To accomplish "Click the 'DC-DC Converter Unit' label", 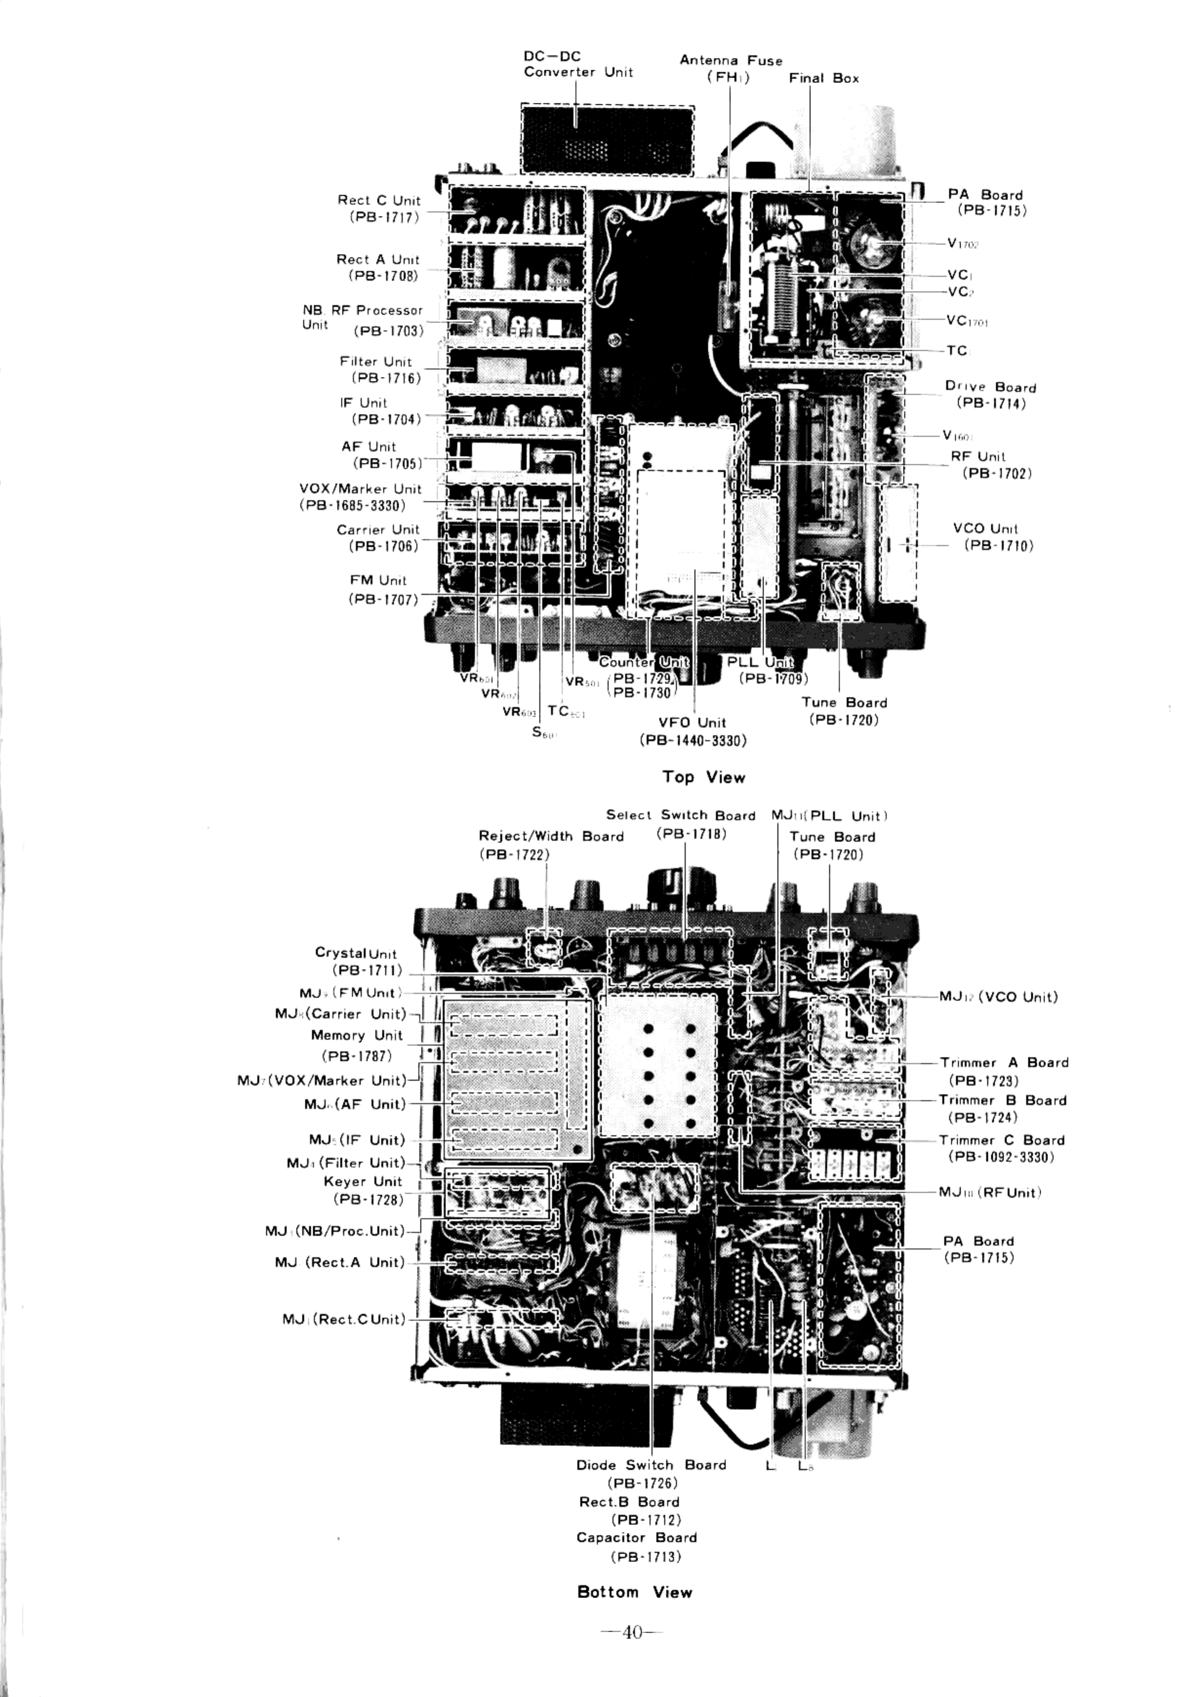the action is [577, 64].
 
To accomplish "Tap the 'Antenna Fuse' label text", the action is [731, 60].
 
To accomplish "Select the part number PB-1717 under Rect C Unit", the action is [384, 217].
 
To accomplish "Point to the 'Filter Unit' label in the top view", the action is [375, 361].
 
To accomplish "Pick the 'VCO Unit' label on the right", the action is [985, 529].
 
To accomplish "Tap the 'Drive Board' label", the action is [990, 387].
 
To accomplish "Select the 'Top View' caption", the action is [703, 777].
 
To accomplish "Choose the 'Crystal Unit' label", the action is [355, 953].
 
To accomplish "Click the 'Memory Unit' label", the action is [356, 1035].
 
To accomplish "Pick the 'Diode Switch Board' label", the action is [651, 1465].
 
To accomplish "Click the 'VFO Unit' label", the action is [692, 723].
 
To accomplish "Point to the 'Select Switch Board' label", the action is [680, 815].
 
